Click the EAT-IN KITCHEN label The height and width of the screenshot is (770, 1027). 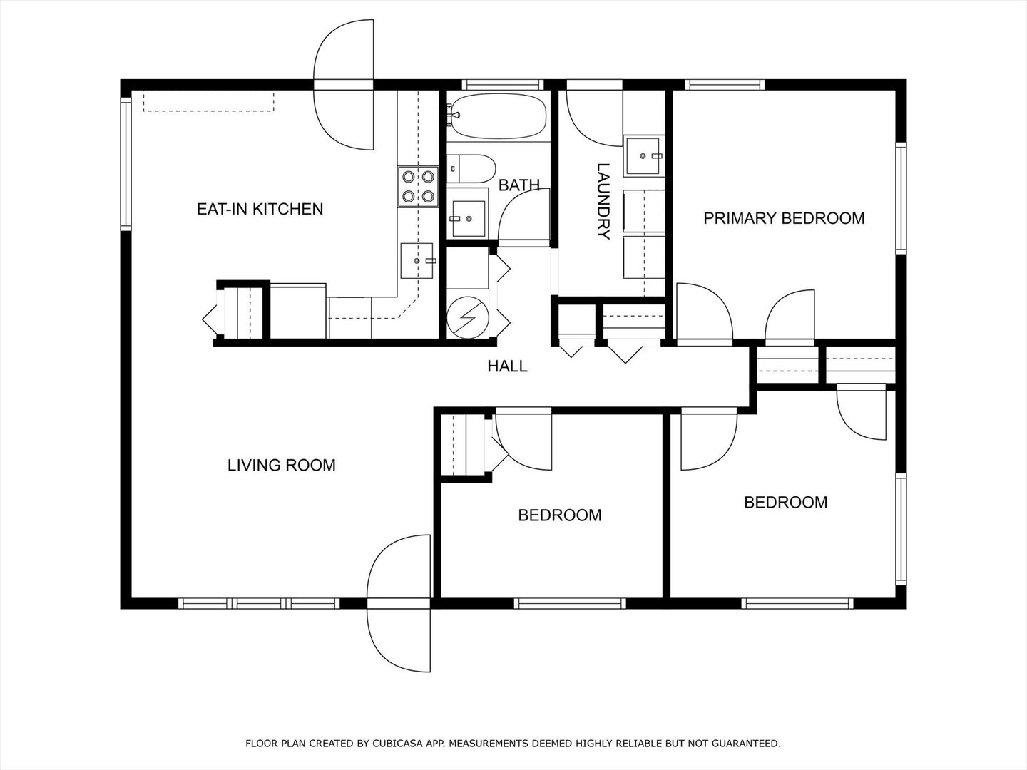(260, 209)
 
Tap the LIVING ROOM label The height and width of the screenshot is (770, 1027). (281, 465)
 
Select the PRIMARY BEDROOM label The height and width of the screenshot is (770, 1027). (784, 218)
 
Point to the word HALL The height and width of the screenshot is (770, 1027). (507, 366)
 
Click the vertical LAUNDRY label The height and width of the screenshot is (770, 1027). (603, 201)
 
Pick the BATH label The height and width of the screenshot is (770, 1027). (519, 185)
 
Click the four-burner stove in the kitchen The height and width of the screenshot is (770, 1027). (418, 187)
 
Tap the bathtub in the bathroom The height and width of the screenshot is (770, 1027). (496, 116)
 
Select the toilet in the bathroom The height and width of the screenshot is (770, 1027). (471, 169)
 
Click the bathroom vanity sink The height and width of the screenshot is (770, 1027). (469, 219)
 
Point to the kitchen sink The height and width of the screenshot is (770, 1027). (417, 260)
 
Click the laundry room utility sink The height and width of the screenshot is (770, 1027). (644, 155)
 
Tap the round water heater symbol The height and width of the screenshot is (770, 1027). (468, 318)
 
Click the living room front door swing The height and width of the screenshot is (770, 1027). (399, 603)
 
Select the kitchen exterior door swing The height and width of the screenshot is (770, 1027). (344, 85)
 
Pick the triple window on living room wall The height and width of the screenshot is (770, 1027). (259, 603)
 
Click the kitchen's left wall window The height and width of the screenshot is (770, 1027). (126, 164)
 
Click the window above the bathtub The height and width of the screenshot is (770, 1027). (503, 85)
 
